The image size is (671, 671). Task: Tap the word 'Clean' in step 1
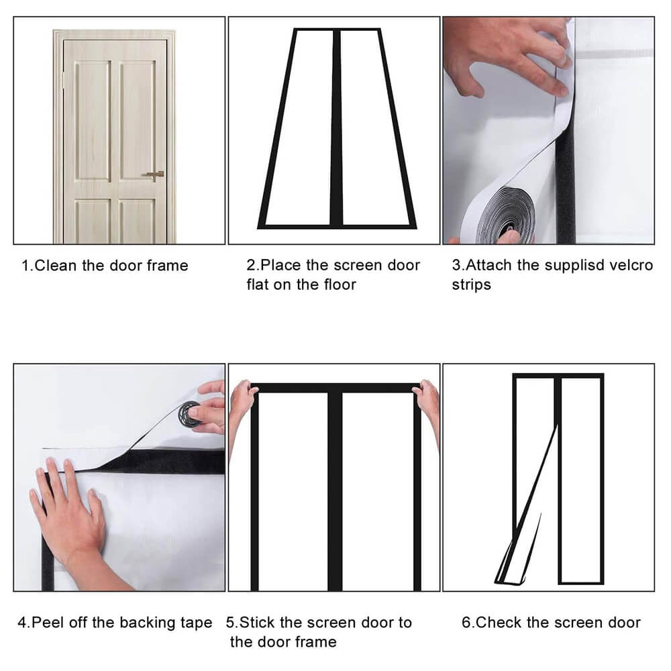coord(56,265)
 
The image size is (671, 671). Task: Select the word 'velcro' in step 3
coord(631,265)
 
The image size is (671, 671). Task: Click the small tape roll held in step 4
coord(190,414)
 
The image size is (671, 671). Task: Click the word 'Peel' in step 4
coord(48,622)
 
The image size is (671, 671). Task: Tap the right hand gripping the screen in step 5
coord(426,407)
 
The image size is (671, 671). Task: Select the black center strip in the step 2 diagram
coord(336,127)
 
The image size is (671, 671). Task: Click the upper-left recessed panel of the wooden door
coord(93,121)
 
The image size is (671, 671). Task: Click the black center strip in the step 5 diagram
coord(335,491)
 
